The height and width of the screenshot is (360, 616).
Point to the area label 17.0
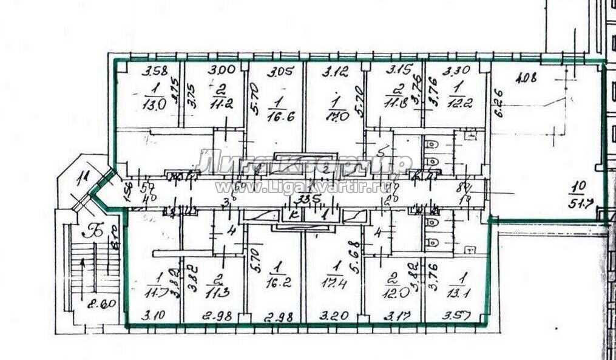336,115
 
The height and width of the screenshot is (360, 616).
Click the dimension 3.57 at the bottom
457,316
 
